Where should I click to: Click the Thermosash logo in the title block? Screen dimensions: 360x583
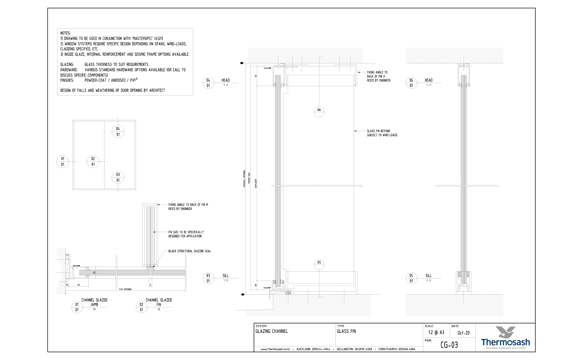point(505,337)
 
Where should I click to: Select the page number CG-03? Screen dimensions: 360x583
point(449,345)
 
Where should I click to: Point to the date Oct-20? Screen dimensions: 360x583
point(463,333)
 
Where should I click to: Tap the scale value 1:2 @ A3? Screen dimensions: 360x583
point(436,333)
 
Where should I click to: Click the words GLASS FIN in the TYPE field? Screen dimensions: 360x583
point(346,331)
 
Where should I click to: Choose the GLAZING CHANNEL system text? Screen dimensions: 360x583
point(271,331)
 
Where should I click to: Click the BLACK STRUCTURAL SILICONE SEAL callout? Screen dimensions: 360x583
point(190,251)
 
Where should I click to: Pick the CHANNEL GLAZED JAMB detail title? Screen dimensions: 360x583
point(94,302)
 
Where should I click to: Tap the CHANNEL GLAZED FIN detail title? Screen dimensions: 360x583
point(159,302)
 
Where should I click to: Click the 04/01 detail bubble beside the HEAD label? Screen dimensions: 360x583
point(208,83)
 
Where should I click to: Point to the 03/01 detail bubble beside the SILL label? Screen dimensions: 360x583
point(208,278)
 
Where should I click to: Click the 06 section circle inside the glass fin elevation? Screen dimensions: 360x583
point(319,112)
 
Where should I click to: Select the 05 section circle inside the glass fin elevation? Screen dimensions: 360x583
point(319,264)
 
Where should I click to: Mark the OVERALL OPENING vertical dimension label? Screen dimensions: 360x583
point(244,179)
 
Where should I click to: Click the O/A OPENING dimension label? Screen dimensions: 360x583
point(125,289)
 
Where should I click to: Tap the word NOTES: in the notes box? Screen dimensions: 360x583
point(65,33)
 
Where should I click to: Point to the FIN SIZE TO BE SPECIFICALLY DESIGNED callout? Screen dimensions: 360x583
point(186,234)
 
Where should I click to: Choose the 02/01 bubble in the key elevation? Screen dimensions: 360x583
point(93,162)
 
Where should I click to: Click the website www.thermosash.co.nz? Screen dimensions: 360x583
point(275,349)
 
